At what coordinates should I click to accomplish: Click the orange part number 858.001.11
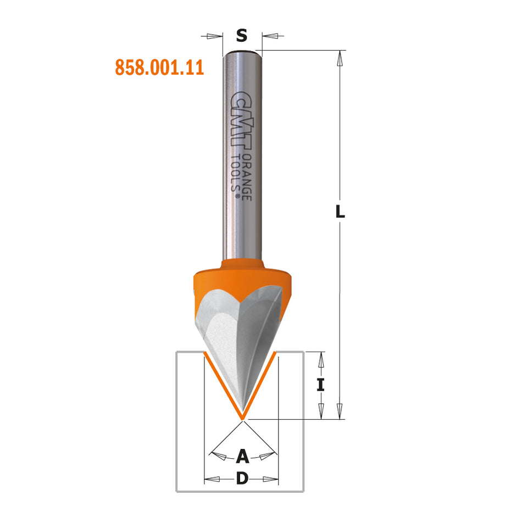[159, 68]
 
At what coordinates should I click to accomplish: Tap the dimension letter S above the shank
[242, 36]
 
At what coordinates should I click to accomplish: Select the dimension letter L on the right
[341, 211]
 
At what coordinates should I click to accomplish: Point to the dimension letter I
[321, 385]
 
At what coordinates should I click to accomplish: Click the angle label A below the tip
[242, 456]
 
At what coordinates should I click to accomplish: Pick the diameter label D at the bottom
[242, 479]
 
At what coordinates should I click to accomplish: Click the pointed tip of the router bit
[242, 419]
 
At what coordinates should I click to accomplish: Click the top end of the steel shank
[242, 52]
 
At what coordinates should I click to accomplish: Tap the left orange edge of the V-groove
[222, 385]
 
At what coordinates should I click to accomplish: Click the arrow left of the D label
[212, 479]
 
